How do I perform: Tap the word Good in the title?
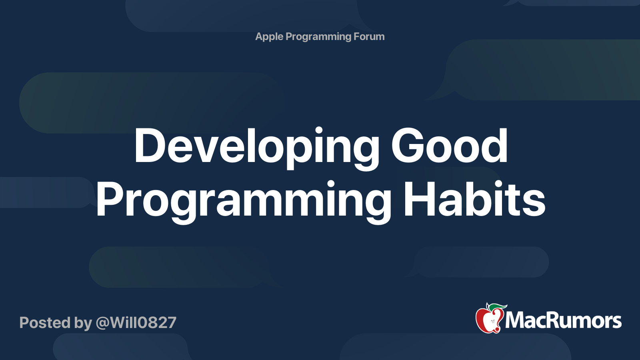coord(450,146)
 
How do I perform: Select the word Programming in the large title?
coord(244,202)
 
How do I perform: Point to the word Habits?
coord(474,199)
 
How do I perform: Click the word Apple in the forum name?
coord(269,37)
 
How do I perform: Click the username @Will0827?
coord(136,323)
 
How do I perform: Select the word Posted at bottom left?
coord(45,322)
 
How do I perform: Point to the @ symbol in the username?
coord(102,323)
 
